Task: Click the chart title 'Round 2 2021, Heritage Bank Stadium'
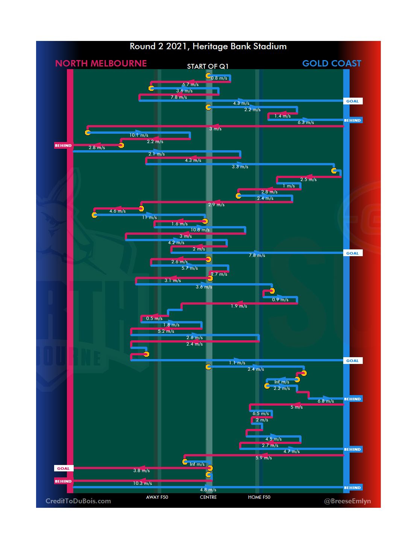pos(208,46)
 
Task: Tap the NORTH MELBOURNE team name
pos(101,63)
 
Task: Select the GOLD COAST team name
pos(332,63)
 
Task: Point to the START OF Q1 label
pos(208,66)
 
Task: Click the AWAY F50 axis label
pos(157,497)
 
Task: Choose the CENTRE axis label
pos(208,497)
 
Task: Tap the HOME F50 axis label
pos(259,497)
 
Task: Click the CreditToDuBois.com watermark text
pos(78,501)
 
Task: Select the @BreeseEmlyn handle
pos(347,501)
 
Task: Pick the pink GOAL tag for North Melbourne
pos(64,468)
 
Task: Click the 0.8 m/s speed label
pos(219,78)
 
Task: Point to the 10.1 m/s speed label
pos(139,135)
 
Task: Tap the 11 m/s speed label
pos(150,217)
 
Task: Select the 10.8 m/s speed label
pos(200,230)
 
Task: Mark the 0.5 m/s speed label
pos(155,319)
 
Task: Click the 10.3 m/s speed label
pos(142,483)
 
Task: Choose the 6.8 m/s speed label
pos(326,401)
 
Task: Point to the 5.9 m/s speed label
pos(264,458)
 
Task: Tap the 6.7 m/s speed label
pos(191,85)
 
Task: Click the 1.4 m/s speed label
pos(283,116)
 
